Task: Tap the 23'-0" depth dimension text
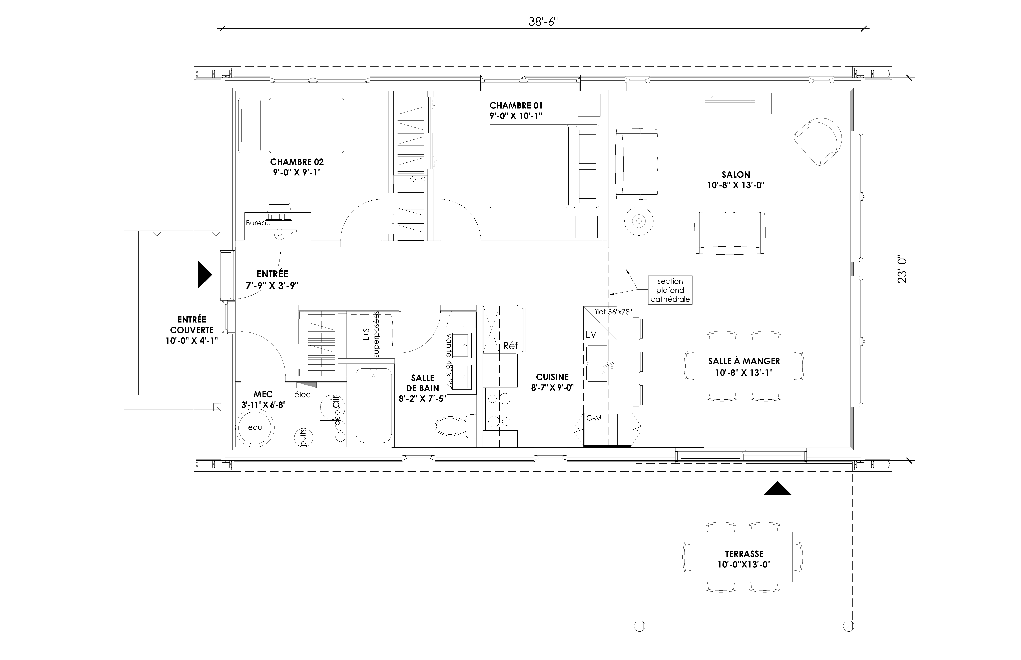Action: pos(903,270)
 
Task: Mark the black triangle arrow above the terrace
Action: pos(777,488)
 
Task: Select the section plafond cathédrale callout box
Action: pos(670,290)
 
